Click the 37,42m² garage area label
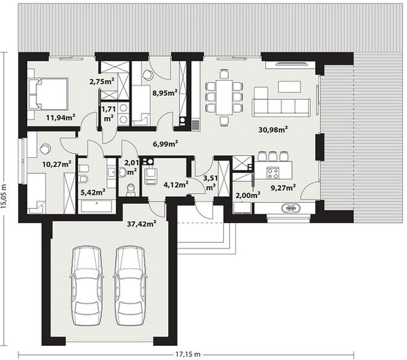tap(141, 224)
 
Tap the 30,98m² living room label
tap(273, 129)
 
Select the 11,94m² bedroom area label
tap(60, 118)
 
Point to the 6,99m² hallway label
tap(165, 144)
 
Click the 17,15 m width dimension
tap(188, 354)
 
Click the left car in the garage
tap(86, 285)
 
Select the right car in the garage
tap(130, 285)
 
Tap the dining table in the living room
tap(224, 97)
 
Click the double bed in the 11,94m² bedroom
tap(47, 94)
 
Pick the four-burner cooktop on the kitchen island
tap(273, 173)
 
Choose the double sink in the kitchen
tap(291, 208)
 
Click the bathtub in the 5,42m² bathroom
tap(96, 207)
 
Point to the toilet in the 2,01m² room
tap(130, 189)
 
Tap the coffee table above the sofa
tap(289, 87)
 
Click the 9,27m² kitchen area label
tap(283, 187)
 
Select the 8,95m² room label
tap(165, 93)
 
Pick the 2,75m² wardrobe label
tap(102, 81)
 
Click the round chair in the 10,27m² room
tap(45, 148)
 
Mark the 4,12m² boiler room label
tap(176, 185)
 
